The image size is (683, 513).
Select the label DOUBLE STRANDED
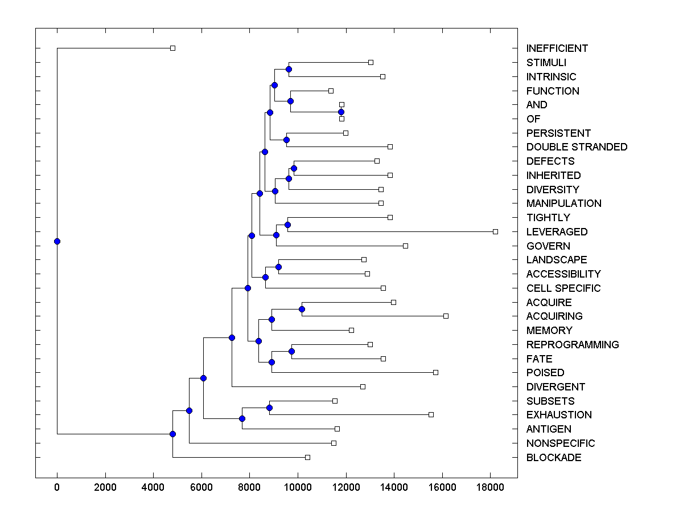[577, 147]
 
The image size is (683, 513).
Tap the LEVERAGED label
[557, 232]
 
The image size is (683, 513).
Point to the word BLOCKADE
[554, 458]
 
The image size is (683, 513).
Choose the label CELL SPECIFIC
[563, 288]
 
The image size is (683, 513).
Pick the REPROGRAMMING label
[573, 345]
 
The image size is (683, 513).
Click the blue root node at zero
[57, 241]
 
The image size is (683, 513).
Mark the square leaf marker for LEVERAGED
[495, 231]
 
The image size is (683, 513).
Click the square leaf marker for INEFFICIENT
[173, 48]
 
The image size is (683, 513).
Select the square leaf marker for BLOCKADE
[307, 457]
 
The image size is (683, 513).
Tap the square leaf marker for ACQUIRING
[446, 316]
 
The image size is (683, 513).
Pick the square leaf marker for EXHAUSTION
[431, 414]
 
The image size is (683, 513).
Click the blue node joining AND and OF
[341, 112]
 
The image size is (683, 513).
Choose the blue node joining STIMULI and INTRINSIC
[289, 69]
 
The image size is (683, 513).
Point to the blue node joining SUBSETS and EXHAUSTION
[269, 408]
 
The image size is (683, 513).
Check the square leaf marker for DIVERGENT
[363, 386]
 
